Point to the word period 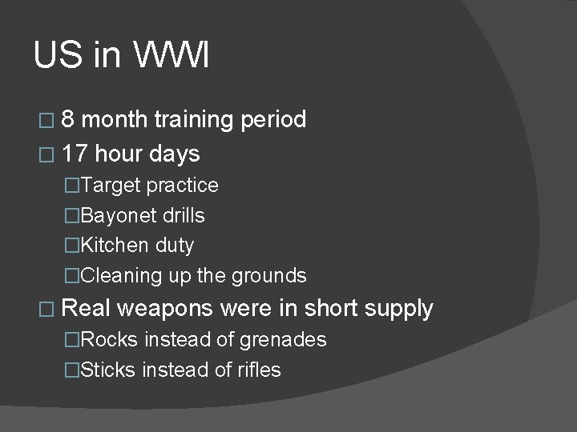[x=272, y=120]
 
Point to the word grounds [x=268, y=276]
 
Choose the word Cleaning [x=119, y=276]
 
